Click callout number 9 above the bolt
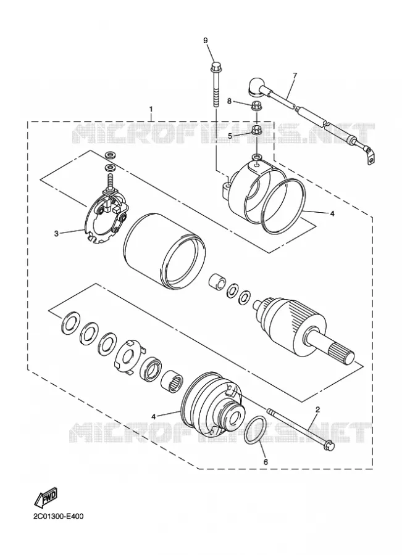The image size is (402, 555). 205,40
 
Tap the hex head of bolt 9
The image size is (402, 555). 216,66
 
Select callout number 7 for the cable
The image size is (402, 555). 295,75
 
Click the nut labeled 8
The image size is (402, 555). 255,105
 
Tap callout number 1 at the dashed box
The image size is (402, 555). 151,108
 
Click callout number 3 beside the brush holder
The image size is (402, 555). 56,233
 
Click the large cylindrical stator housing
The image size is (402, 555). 164,250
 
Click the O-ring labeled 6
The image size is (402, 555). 255,430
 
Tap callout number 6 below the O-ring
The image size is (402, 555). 266,462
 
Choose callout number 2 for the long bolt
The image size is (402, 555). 317,409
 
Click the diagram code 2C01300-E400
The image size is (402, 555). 59,516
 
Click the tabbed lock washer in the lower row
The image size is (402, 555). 129,357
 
